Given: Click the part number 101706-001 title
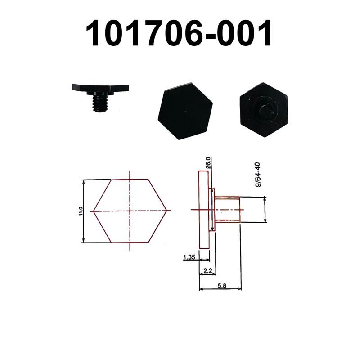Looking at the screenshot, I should click(x=180, y=34).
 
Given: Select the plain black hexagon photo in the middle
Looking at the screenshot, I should click(x=184, y=111).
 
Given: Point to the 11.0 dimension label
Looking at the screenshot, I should click(x=80, y=211).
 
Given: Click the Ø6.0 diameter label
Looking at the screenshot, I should click(x=208, y=162).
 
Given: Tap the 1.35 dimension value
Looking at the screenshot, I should click(x=189, y=258).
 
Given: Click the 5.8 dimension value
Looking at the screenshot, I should click(x=221, y=285).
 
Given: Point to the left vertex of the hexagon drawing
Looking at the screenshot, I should click(x=94, y=211).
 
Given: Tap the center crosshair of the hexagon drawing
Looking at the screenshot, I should click(x=130, y=211).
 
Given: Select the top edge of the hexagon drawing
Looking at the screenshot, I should click(x=130, y=180).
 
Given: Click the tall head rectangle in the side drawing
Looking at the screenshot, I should click(x=203, y=210).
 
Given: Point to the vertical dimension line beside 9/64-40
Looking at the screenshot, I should click(x=265, y=209).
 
